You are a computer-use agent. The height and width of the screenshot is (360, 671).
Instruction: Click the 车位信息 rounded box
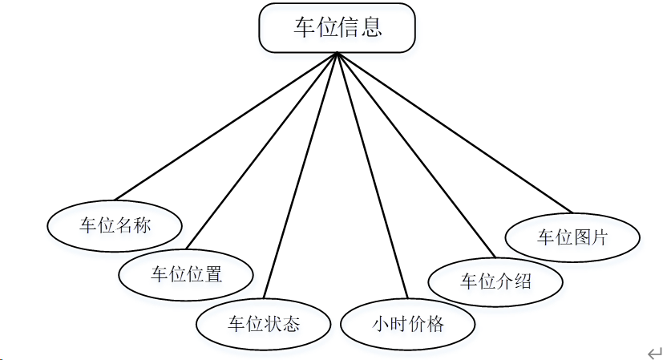pyautogui.click(x=338, y=28)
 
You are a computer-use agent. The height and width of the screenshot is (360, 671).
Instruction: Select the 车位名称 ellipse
pyautogui.click(x=115, y=226)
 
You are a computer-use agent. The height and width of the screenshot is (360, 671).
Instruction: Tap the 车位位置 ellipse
pyautogui.click(x=186, y=275)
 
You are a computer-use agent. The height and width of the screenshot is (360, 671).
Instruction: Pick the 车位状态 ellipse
pyautogui.click(x=264, y=325)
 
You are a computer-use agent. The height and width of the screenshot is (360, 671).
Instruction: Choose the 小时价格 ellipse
pyautogui.click(x=408, y=325)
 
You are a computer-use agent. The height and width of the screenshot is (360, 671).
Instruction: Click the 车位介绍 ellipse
pyautogui.click(x=495, y=281)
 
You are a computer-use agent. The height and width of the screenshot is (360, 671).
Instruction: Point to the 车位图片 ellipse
pyautogui.click(x=572, y=237)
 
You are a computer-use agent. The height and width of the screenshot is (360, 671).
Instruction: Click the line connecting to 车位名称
pyautogui.click(x=227, y=127)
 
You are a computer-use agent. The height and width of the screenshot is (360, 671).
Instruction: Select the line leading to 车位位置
pyautogui.click(x=262, y=150)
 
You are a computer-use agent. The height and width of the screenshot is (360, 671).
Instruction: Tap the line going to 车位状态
pyautogui.click(x=301, y=176)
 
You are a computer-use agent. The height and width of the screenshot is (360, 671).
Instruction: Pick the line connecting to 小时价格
pyautogui.click(x=373, y=176)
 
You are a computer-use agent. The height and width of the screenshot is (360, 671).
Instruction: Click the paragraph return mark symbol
pyautogui.click(x=655, y=353)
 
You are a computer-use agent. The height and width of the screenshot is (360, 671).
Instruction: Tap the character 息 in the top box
pyautogui.click(x=370, y=28)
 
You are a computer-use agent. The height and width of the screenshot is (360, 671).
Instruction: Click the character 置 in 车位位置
pyautogui.click(x=213, y=275)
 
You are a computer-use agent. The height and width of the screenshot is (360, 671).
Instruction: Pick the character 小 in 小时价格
pyautogui.click(x=381, y=325)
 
